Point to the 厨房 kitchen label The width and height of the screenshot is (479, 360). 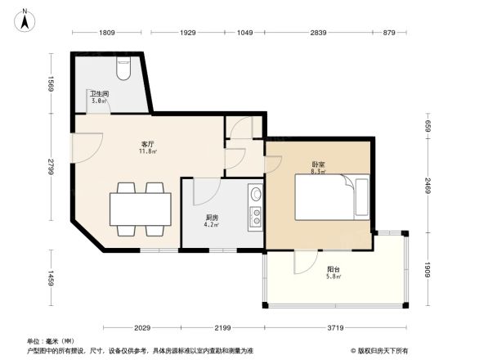(x=211, y=217)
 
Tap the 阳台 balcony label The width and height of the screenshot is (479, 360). (x=334, y=269)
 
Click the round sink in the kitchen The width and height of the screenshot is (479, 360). (x=255, y=196)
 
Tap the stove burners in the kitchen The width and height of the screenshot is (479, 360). (x=254, y=217)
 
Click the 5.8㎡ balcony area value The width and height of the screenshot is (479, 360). (x=334, y=277)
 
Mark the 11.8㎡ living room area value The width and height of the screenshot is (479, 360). (x=147, y=151)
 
